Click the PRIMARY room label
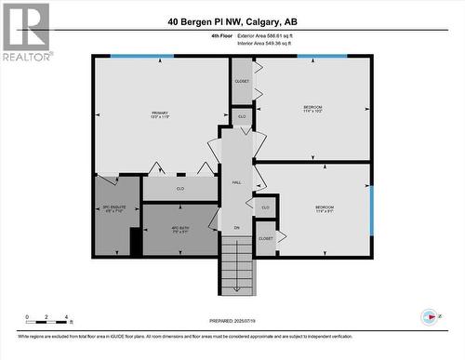(159, 115)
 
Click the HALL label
(236, 183)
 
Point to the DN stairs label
(236, 227)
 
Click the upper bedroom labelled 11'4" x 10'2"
(312, 110)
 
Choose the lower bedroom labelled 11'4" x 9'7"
(324, 208)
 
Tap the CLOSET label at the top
(242, 82)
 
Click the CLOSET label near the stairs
(265, 238)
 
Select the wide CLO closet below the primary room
(180, 189)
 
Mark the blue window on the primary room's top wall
(142, 56)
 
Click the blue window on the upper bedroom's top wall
(321, 56)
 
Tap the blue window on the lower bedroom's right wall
(371, 210)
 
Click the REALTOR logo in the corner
(25, 32)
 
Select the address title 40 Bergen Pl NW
(233, 21)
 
